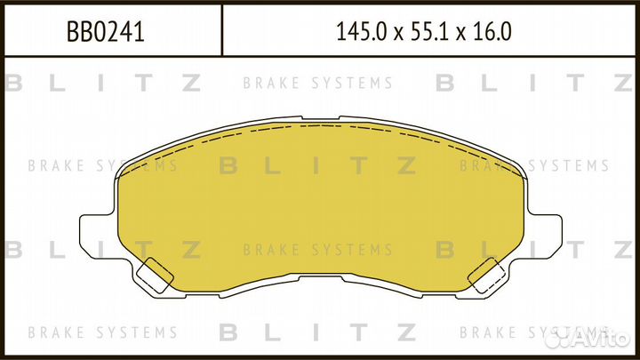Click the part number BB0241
click(106, 34)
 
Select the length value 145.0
click(358, 34)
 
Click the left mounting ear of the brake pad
click(96, 235)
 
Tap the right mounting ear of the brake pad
click(543, 235)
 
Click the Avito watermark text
click(597, 337)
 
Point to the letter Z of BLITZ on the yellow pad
click(406, 165)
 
